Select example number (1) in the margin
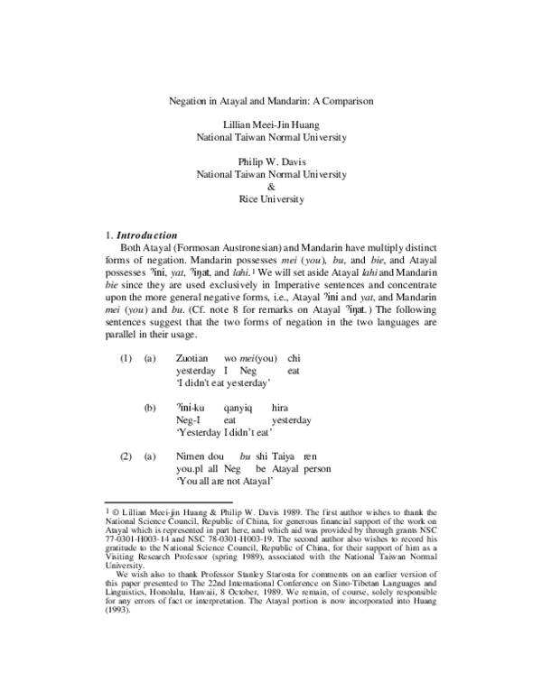coord(127,359)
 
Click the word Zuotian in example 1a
coord(192,359)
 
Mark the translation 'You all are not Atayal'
coord(225,482)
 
